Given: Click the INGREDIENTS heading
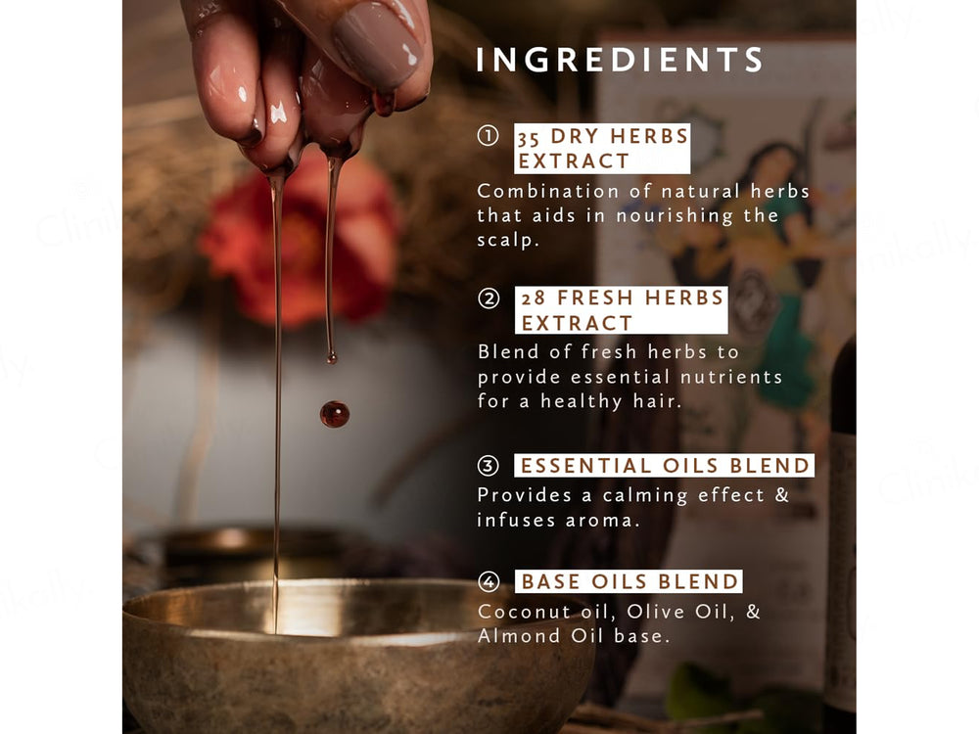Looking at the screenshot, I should click(620, 60).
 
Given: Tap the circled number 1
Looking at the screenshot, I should click(488, 136).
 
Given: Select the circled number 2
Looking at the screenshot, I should click(488, 298).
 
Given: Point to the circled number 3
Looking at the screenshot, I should click(488, 466).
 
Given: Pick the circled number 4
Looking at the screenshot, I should click(488, 582).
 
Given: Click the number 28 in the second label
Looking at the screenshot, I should click(534, 298).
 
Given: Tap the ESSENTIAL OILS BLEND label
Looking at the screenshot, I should click(665, 466).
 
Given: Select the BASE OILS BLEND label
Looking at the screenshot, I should click(629, 582).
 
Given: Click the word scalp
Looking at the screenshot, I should click(507, 241).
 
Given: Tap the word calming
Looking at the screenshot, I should click(640, 495).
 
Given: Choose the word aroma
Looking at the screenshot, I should click(602, 521).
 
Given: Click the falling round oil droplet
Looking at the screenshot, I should click(335, 414).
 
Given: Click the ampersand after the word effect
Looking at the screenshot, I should click(781, 495).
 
